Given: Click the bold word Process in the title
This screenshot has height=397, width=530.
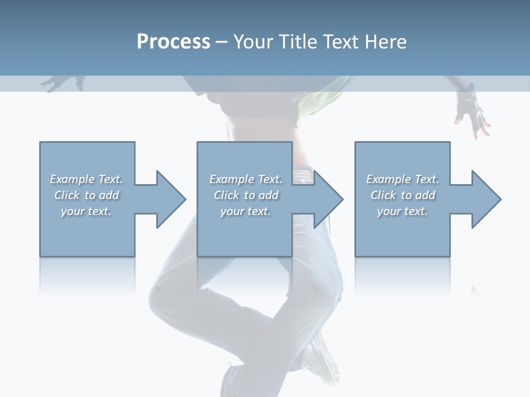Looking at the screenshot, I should pos(173,42).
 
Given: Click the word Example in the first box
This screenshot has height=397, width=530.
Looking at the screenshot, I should pos(72,179).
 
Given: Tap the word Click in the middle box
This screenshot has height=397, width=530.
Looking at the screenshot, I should pos(225,195).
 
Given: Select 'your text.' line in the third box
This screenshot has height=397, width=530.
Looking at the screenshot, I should pos(402,211).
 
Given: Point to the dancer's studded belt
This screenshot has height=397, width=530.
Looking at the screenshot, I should pos(303,175).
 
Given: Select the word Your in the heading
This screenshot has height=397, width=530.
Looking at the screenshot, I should pos(252,42).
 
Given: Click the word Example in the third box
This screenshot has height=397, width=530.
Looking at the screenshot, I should pos(388,179).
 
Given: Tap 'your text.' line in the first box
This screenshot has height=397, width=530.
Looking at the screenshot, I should pos(86,211).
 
